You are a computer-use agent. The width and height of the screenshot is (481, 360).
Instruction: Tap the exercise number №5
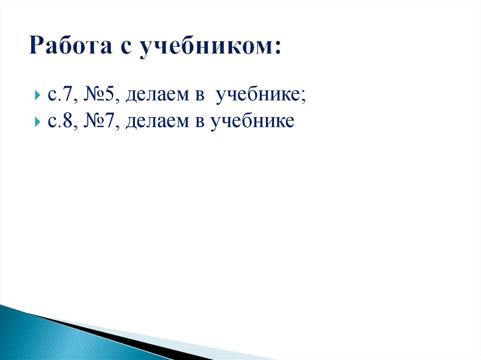coord(100,96)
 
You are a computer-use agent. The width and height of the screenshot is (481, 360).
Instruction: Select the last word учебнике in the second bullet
coord(252,122)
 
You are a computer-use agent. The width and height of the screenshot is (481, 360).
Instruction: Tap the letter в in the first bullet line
coord(198,97)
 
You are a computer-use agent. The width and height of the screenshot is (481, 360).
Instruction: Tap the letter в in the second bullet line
coord(198,123)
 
